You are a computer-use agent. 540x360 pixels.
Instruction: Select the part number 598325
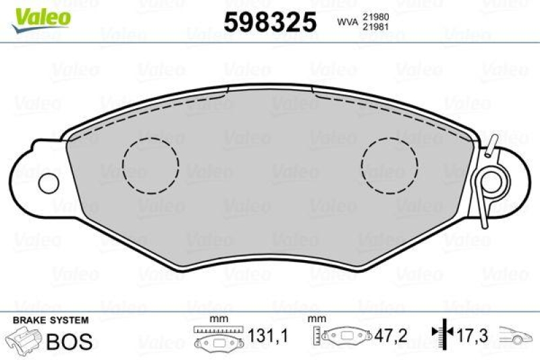tap(270, 23)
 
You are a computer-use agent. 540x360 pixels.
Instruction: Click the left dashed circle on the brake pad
tap(151, 164)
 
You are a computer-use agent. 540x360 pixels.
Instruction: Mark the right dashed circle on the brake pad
tap(389, 164)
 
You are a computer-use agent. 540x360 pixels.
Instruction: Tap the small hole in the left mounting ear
tap(48, 182)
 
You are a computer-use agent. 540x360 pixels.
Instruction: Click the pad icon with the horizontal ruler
tap(217, 337)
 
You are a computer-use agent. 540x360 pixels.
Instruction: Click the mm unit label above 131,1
tap(217, 319)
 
